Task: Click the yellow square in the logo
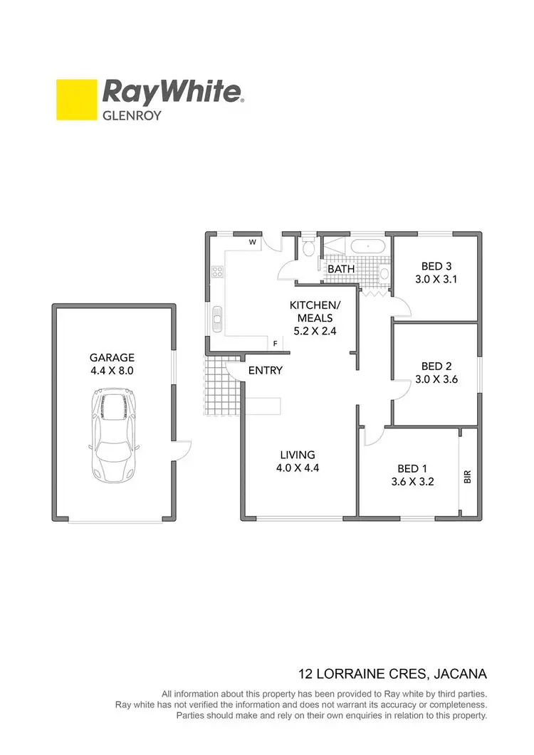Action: pyautogui.click(x=77, y=100)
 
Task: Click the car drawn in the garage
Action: pyautogui.click(x=112, y=435)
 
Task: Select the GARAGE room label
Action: pyautogui.click(x=112, y=358)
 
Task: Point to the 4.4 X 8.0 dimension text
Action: pyautogui.click(x=112, y=371)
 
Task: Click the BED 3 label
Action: pyautogui.click(x=436, y=266)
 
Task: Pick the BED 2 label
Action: pyautogui.click(x=436, y=366)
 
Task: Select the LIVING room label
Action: pyautogui.click(x=298, y=455)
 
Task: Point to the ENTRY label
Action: pyautogui.click(x=266, y=370)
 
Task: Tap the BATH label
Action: pyautogui.click(x=341, y=270)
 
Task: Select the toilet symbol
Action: pyautogui.click(x=308, y=249)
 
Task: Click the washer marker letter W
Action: pyautogui.click(x=252, y=242)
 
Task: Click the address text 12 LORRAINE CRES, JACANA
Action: pyautogui.click(x=392, y=673)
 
